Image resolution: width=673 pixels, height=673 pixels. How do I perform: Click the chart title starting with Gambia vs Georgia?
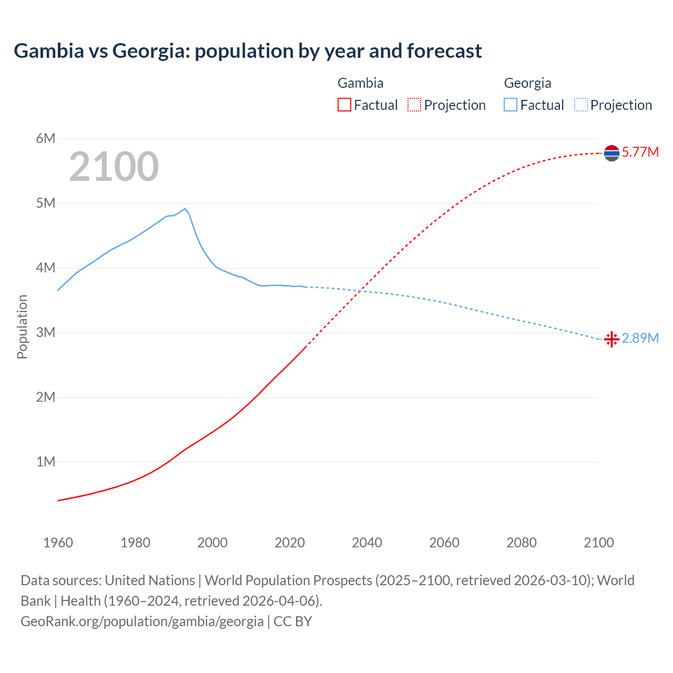pyautogui.click(x=248, y=51)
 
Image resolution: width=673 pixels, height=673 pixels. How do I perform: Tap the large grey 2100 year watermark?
pyautogui.click(x=114, y=167)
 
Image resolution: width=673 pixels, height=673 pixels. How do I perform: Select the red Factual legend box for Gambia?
pyautogui.click(x=344, y=105)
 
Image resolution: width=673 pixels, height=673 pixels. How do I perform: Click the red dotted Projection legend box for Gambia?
pyautogui.click(x=414, y=105)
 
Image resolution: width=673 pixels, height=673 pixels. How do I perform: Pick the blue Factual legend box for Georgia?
pyautogui.click(x=511, y=105)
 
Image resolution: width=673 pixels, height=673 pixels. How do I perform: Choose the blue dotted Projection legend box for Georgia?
pyautogui.click(x=581, y=105)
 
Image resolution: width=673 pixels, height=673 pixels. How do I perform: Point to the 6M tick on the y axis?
pyautogui.click(x=46, y=138)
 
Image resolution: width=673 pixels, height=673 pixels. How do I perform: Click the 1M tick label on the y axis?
pyautogui.click(x=46, y=462)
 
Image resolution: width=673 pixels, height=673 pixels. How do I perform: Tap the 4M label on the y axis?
pyautogui.click(x=46, y=268)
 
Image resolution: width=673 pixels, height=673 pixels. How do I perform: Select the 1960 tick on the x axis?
pyautogui.click(x=58, y=543)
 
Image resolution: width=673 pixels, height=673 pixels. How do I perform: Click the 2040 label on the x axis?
pyautogui.click(x=367, y=543)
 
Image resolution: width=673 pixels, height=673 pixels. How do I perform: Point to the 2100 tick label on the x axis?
pyautogui.click(x=598, y=543)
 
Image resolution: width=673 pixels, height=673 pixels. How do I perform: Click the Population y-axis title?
pyautogui.click(x=22, y=327)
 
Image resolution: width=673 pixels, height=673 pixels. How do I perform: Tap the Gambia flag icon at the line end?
pyautogui.click(x=611, y=153)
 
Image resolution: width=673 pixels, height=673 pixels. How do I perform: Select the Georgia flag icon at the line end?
pyautogui.click(x=611, y=339)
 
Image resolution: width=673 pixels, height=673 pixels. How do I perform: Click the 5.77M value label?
pyautogui.click(x=640, y=152)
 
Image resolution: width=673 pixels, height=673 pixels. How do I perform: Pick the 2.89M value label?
pyautogui.click(x=640, y=338)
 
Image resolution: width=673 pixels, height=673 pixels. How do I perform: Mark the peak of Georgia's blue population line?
pyautogui.click(x=185, y=209)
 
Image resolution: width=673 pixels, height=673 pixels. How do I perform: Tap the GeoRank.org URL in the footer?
pyautogui.click(x=142, y=621)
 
